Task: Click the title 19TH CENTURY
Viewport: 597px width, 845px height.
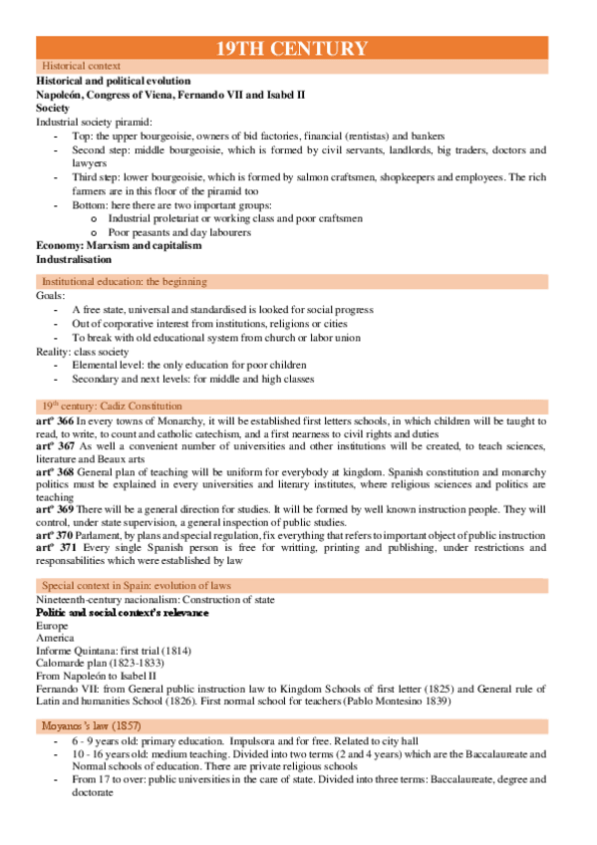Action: point(292,48)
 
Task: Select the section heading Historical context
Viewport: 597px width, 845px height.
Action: point(76,66)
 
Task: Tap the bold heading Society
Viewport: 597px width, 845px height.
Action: point(53,107)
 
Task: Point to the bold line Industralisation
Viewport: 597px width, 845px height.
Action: point(74,259)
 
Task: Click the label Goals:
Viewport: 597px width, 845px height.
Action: point(51,296)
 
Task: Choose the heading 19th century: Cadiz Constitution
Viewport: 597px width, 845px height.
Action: point(112,406)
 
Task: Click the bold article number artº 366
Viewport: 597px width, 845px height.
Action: point(55,421)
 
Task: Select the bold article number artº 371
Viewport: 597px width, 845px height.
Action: point(55,547)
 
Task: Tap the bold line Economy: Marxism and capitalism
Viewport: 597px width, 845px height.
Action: point(119,245)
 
